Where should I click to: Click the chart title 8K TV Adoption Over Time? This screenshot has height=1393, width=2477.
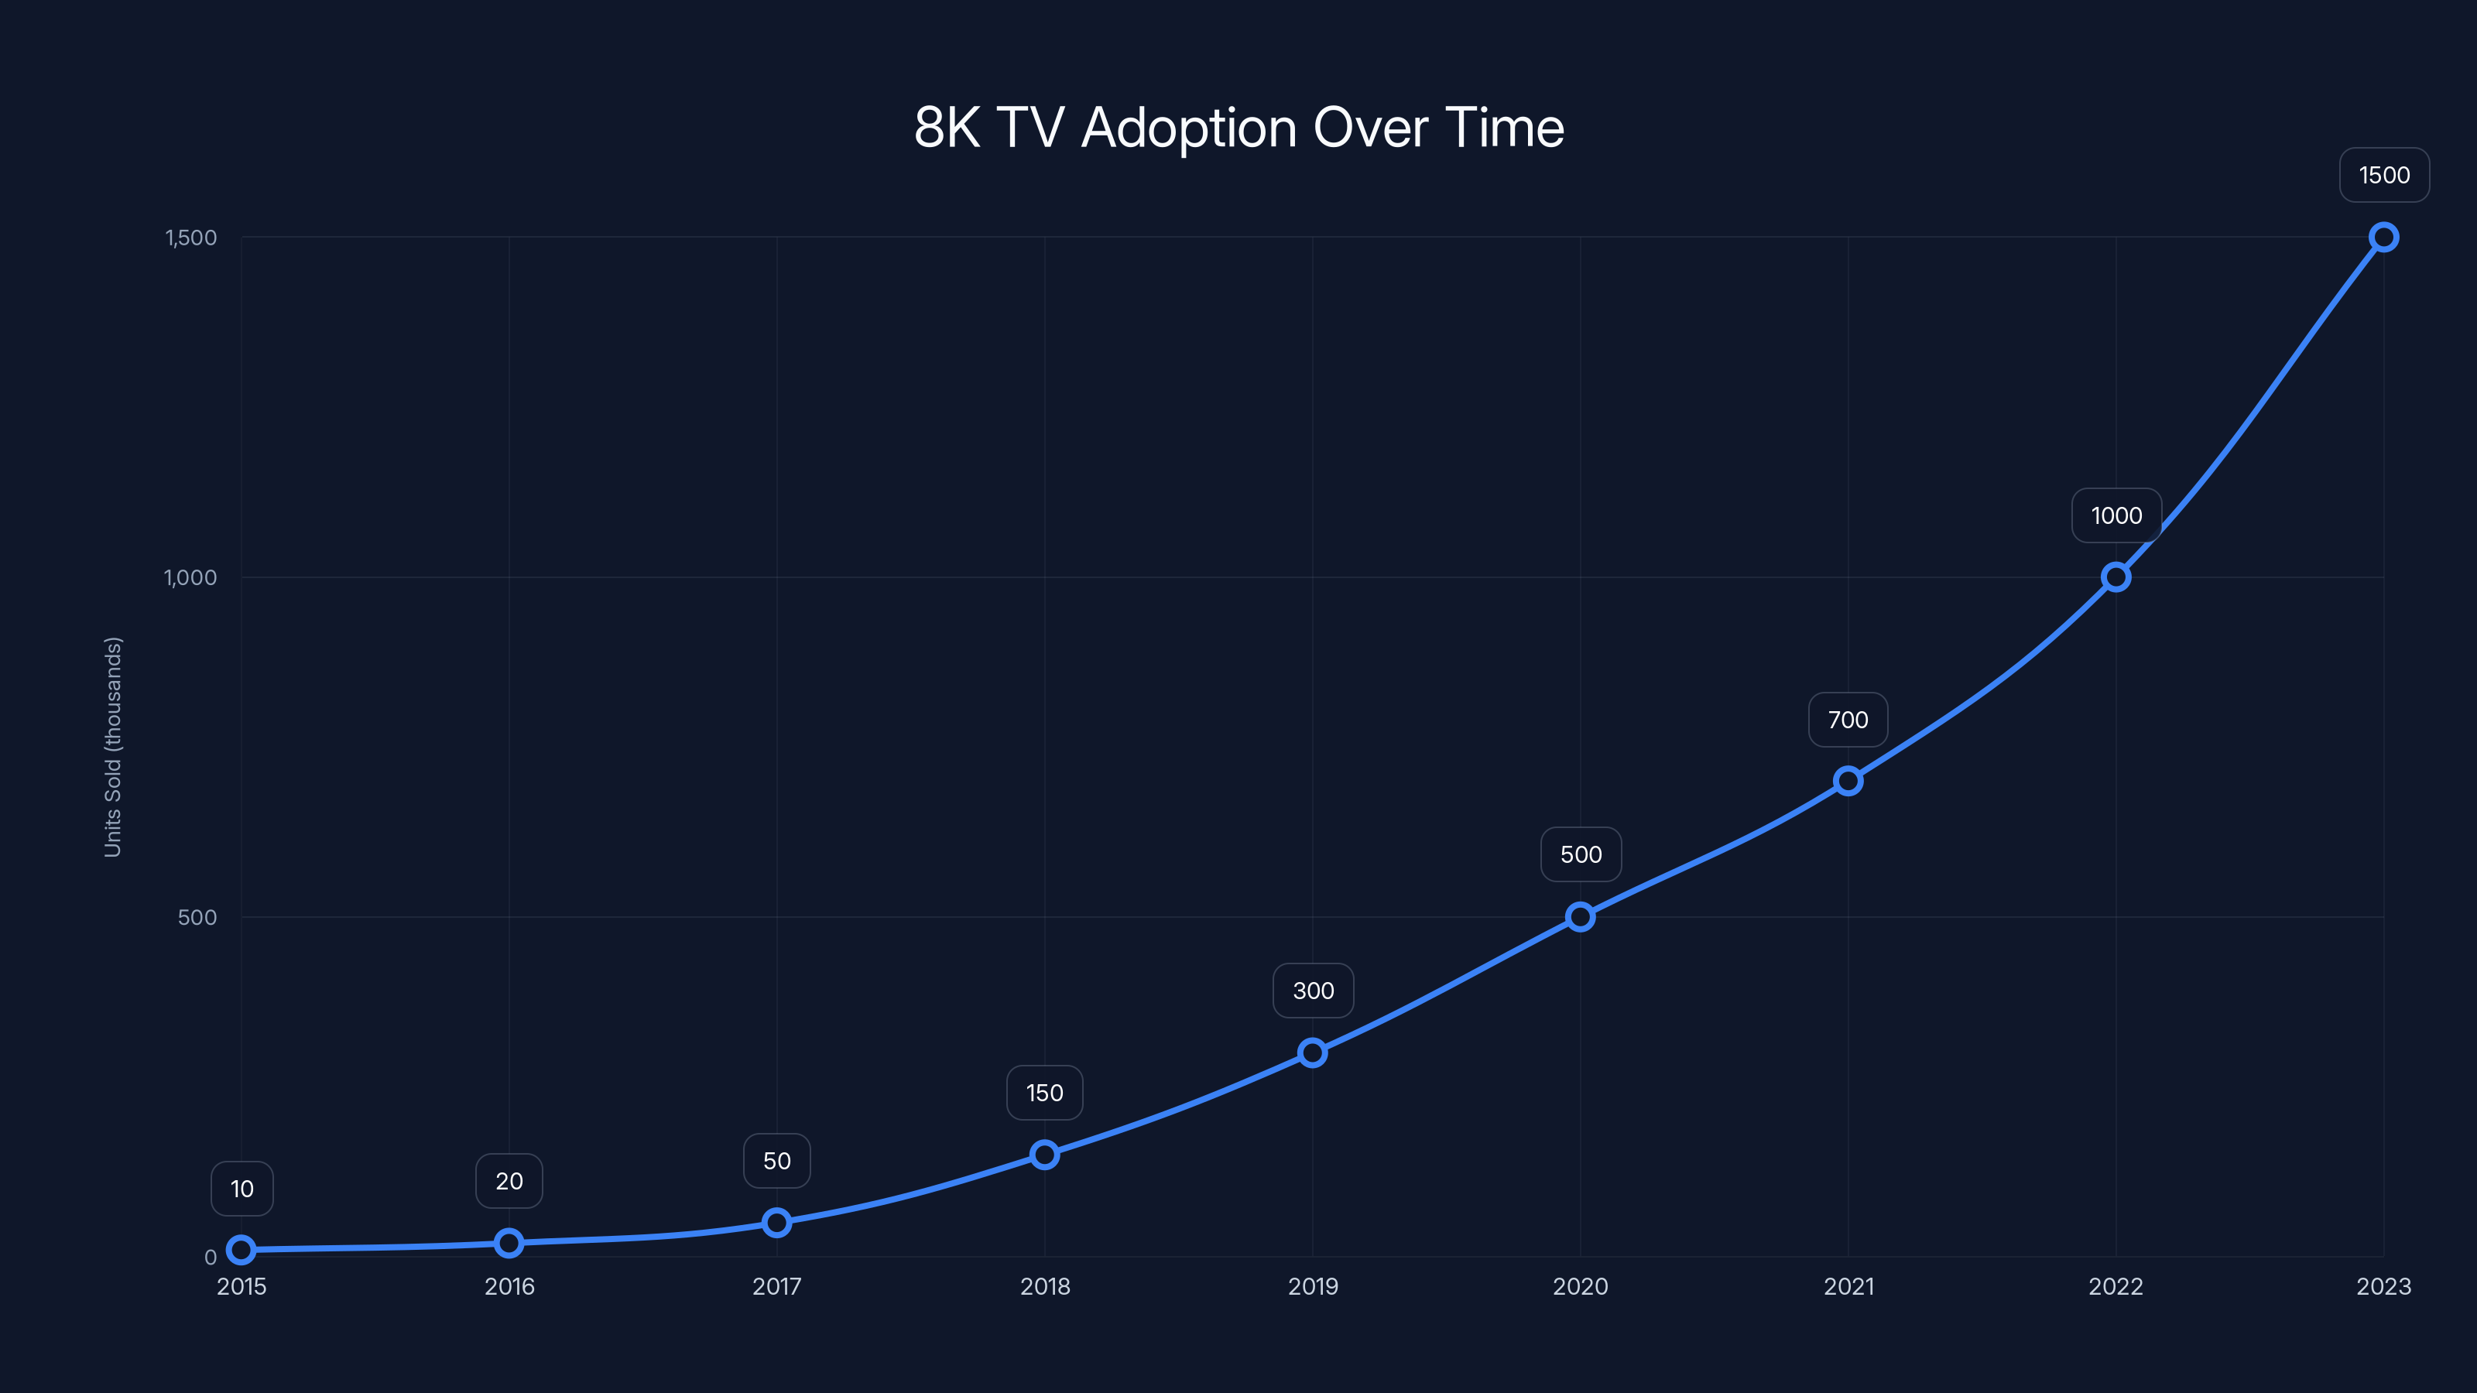tap(1238, 128)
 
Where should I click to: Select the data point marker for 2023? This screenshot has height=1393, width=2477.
tap(2383, 238)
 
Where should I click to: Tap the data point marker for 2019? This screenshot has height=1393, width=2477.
tap(1313, 1052)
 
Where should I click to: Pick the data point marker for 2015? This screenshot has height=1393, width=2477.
tap(242, 1250)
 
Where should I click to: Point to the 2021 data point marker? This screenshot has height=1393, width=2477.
tap(1847, 781)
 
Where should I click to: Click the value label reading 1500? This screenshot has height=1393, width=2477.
tap(2384, 176)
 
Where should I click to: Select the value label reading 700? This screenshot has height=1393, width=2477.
tap(1847, 720)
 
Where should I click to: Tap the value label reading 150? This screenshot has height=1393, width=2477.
tap(1044, 1093)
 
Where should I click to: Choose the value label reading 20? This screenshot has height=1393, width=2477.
tap(509, 1182)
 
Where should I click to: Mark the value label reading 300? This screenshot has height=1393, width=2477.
tap(1313, 991)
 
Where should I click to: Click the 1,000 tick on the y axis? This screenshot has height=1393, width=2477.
tap(190, 578)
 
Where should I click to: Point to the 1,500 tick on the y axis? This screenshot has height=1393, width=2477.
tap(190, 238)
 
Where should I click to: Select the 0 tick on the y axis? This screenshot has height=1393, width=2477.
tap(211, 1258)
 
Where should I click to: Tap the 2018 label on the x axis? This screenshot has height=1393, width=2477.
tap(1044, 1287)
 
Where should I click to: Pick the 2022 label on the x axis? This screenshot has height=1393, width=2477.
tap(2116, 1287)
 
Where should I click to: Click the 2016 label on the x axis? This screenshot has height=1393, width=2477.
tap(509, 1287)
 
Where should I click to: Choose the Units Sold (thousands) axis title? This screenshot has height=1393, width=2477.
tap(112, 747)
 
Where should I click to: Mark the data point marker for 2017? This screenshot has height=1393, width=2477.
tap(777, 1223)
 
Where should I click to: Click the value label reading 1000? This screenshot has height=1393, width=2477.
tap(2116, 516)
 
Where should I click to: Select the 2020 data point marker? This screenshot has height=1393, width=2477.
tap(1580, 917)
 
